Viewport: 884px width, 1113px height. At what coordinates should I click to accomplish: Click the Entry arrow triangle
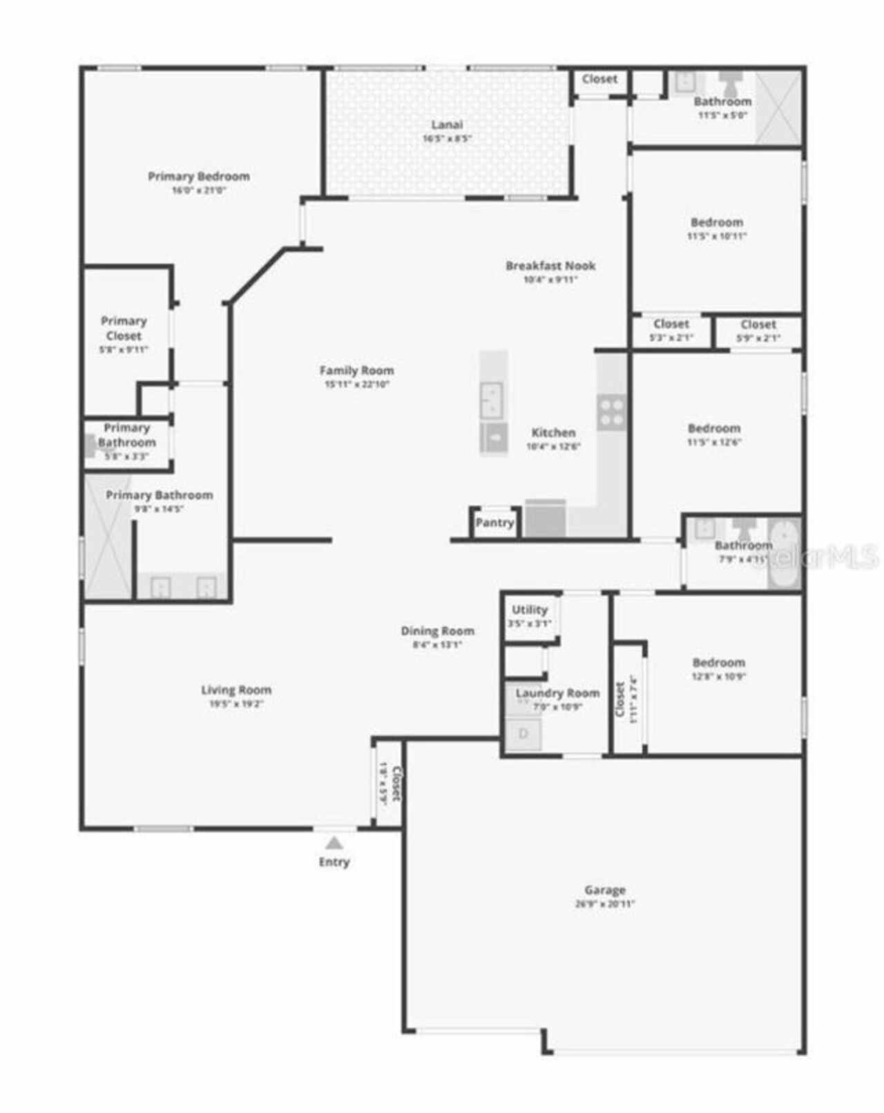point(334,843)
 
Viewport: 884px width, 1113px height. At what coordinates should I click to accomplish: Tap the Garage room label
point(605,890)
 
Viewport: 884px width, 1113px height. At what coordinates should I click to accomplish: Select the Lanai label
point(447,125)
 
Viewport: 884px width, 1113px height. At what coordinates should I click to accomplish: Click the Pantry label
point(494,523)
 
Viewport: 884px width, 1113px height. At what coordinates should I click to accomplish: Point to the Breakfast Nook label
point(550,266)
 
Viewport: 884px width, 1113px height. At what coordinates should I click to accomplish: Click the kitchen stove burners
point(612,412)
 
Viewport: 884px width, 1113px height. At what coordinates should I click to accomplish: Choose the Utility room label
point(530,610)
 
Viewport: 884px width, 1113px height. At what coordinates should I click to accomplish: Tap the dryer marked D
point(523,733)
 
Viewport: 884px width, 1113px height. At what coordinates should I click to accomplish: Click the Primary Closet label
point(124,329)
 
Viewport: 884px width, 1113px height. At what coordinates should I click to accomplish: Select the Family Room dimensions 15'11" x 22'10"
point(357,385)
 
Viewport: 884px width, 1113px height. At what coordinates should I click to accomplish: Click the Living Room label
point(236,690)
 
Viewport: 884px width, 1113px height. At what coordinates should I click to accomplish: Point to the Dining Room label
point(437,630)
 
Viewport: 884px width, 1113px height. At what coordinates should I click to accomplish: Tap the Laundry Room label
point(557,693)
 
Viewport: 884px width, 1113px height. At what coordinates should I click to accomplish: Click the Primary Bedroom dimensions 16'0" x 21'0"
point(199,190)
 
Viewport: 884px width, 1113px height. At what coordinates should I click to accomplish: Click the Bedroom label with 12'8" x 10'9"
point(719,663)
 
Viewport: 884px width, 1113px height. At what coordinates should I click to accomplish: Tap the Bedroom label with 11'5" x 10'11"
point(717,222)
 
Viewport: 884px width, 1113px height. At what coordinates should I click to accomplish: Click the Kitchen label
point(553,433)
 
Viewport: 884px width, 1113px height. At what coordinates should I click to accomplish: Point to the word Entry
point(334,862)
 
